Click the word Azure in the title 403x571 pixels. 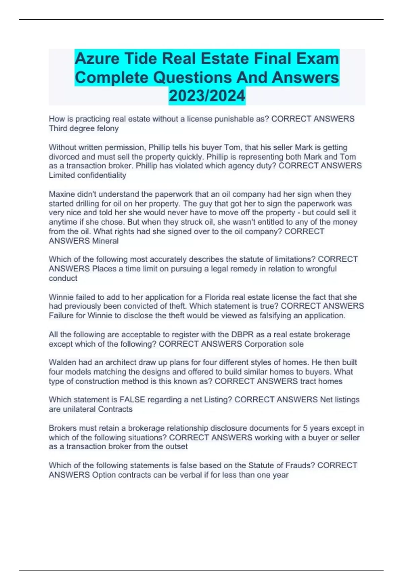97,58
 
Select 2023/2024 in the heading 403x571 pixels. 207,96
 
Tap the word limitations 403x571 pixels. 295,259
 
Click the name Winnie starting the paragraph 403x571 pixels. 61,297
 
